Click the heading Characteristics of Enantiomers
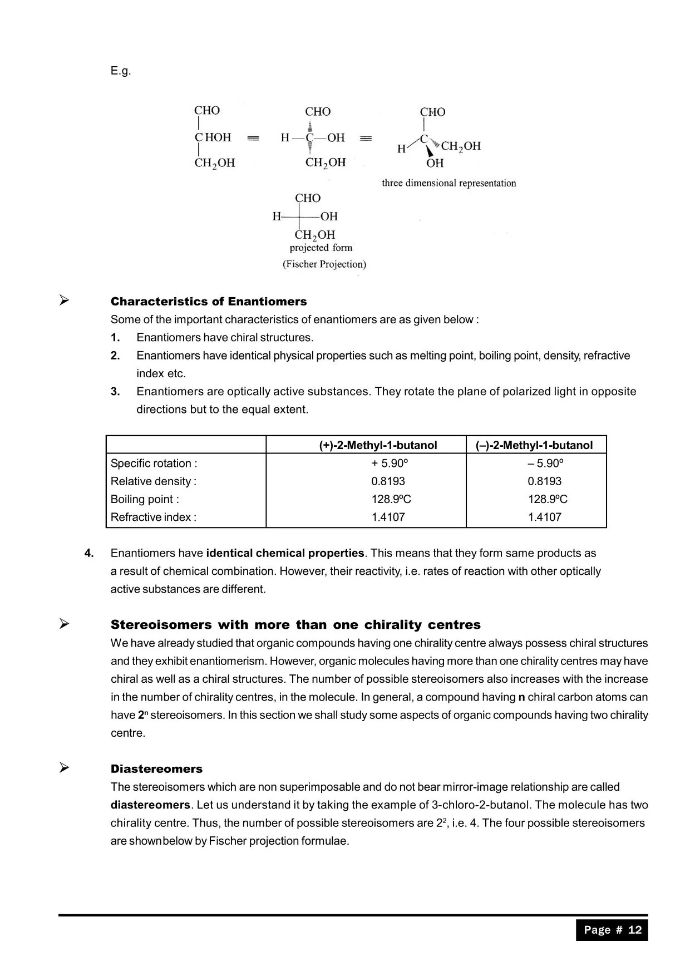(x=209, y=302)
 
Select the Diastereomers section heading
(x=156, y=769)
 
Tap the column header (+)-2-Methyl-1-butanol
(x=378, y=445)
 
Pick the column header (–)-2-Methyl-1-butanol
(x=534, y=445)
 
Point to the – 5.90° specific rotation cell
(x=545, y=463)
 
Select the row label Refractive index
(x=153, y=517)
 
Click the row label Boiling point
(x=145, y=499)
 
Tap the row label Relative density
(x=153, y=481)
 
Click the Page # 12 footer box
(x=612, y=930)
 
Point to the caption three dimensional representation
(x=448, y=183)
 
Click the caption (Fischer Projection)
(x=324, y=264)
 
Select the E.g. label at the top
(x=120, y=71)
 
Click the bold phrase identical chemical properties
(x=285, y=553)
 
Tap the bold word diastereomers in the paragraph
(x=150, y=805)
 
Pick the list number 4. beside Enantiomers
(x=89, y=553)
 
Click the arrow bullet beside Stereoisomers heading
(x=65, y=624)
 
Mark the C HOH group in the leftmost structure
(x=213, y=137)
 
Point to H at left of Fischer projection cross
(x=277, y=216)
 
